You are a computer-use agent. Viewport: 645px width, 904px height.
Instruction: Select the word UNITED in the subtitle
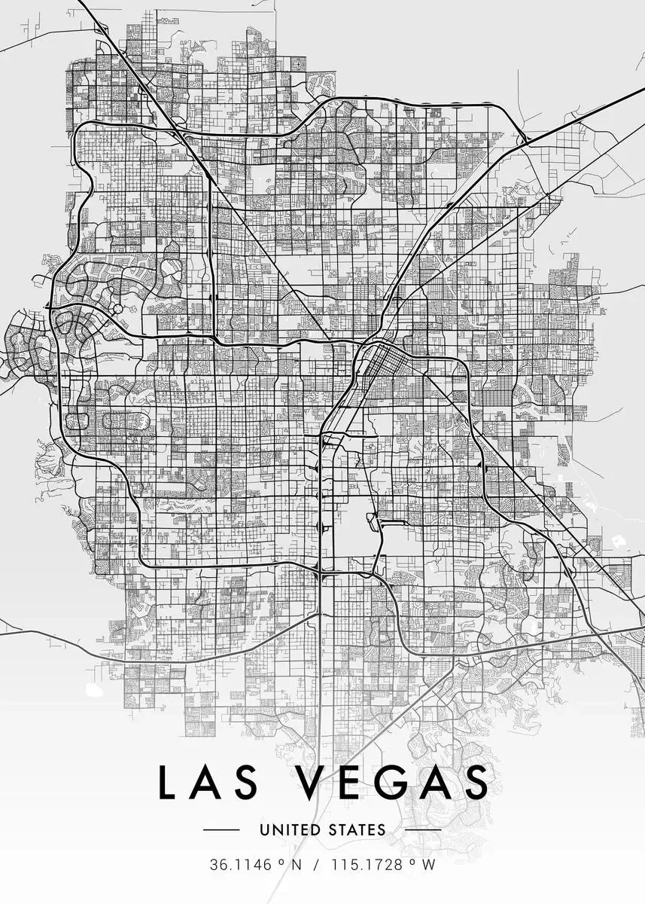(291, 830)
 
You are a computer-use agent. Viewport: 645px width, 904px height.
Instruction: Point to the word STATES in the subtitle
(356, 830)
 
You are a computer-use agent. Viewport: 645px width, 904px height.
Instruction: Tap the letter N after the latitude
(296, 865)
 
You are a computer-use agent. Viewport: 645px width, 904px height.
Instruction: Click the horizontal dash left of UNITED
(221, 830)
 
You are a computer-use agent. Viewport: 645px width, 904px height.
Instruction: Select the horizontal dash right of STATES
(423, 830)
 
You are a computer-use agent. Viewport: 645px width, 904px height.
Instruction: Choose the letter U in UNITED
(264, 830)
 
